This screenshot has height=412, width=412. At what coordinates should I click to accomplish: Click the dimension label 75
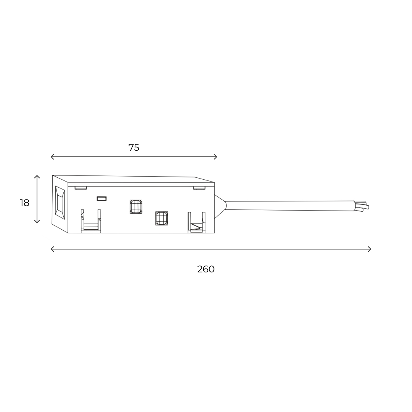134,147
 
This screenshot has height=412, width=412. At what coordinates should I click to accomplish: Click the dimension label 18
25,203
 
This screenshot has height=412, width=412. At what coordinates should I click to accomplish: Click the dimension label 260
206,269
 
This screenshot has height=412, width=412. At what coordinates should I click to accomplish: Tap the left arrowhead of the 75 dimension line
52,157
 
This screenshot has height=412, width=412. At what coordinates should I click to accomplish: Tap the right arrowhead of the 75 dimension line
216,157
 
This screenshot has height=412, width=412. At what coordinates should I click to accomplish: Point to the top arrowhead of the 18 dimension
37,177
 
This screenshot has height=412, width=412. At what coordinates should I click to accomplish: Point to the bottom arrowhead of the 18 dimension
37,222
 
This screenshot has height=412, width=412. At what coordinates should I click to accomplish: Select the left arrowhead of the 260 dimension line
52,249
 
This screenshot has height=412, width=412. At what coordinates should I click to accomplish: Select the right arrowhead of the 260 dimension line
369,249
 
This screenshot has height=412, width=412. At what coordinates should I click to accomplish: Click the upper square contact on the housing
136,206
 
